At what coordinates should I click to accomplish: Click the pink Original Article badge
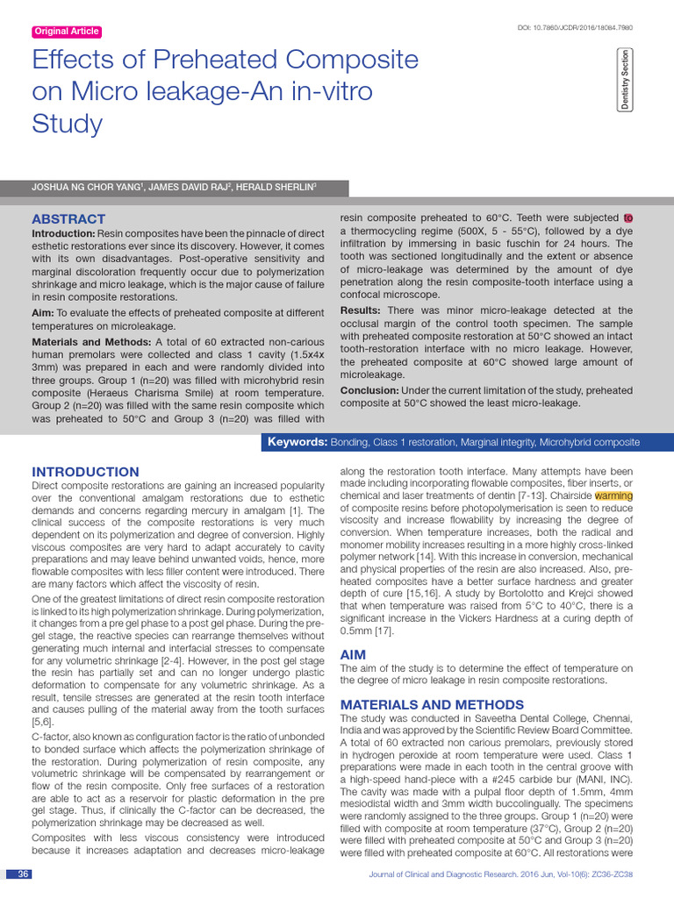click(x=66, y=32)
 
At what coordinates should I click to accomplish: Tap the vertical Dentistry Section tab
click(x=625, y=80)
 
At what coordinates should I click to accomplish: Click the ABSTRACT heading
click(x=68, y=218)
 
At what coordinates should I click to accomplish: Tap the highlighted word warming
click(x=613, y=495)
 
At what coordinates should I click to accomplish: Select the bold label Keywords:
click(x=298, y=443)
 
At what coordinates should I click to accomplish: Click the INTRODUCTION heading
click(x=85, y=472)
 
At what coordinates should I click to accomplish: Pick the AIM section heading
click(x=353, y=655)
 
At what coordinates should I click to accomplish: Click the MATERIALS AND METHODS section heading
click(x=432, y=704)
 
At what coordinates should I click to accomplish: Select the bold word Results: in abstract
click(x=360, y=310)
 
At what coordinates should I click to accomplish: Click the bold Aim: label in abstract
click(x=42, y=313)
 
